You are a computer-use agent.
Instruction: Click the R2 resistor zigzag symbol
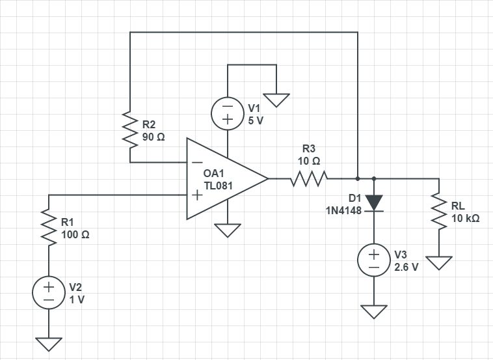point(130,130)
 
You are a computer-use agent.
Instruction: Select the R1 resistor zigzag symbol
point(49,227)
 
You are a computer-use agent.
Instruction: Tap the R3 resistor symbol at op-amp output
point(309,178)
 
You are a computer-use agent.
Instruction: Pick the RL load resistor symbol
point(439,211)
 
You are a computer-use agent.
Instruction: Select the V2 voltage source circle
point(49,293)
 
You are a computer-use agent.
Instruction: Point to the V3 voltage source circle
point(374,260)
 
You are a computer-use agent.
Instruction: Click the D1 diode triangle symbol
point(374,202)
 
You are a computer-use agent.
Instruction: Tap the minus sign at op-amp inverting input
point(196,163)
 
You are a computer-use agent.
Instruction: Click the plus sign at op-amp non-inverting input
point(196,195)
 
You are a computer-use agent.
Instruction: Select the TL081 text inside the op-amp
point(218,186)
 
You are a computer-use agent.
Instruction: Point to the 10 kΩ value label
point(466,219)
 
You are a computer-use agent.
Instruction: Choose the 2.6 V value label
point(406,267)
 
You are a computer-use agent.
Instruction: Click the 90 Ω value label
point(153,137)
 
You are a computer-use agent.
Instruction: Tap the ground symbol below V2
point(49,343)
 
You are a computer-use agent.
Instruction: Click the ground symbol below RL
point(439,262)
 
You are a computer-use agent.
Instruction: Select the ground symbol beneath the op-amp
point(228,230)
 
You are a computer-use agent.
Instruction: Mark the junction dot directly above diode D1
point(374,178)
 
